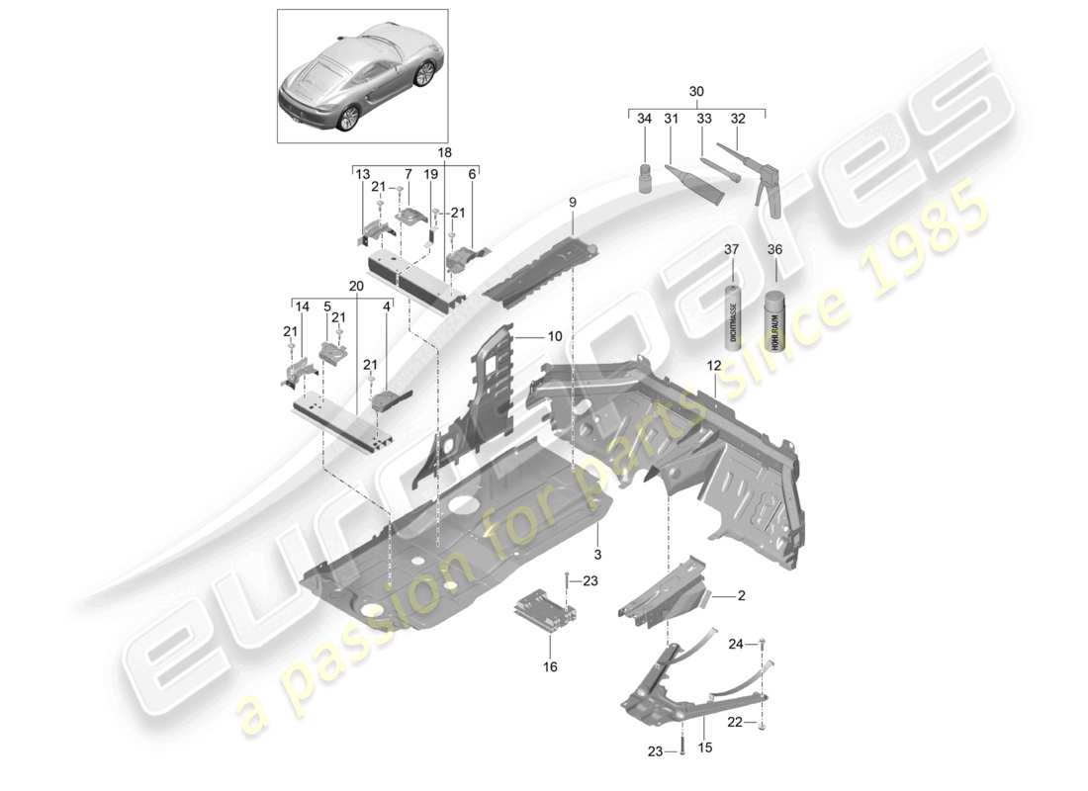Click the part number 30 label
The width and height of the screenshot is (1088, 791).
click(x=697, y=91)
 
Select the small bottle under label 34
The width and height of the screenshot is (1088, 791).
click(x=645, y=180)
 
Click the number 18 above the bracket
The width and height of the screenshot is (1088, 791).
click(x=443, y=153)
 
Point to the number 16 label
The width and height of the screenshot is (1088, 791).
click(x=550, y=666)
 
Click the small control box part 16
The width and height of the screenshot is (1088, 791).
click(x=543, y=609)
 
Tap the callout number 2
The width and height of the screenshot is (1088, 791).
click(x=741, y=596)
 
